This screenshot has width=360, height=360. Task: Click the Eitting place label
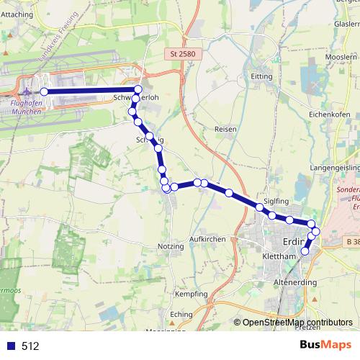pos(261,76)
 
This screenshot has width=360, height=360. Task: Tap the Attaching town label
pos(18,14)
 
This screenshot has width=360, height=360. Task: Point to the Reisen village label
pos(225,128)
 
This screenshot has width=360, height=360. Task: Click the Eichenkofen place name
pos(329,114)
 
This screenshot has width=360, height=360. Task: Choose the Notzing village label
pos(170,246)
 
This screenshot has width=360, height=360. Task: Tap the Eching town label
pos(181,315)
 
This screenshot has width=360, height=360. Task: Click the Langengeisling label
pos(334,166)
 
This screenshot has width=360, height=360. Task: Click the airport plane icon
pos(27,91)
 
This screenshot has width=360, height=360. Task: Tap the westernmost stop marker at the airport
pos(44,91)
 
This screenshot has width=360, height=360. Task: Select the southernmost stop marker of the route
pos(305,251)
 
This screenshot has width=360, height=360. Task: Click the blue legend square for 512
pos(10,346)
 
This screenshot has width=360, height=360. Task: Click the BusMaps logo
pos(325,345)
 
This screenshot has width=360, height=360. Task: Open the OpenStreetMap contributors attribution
pos(297,323)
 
